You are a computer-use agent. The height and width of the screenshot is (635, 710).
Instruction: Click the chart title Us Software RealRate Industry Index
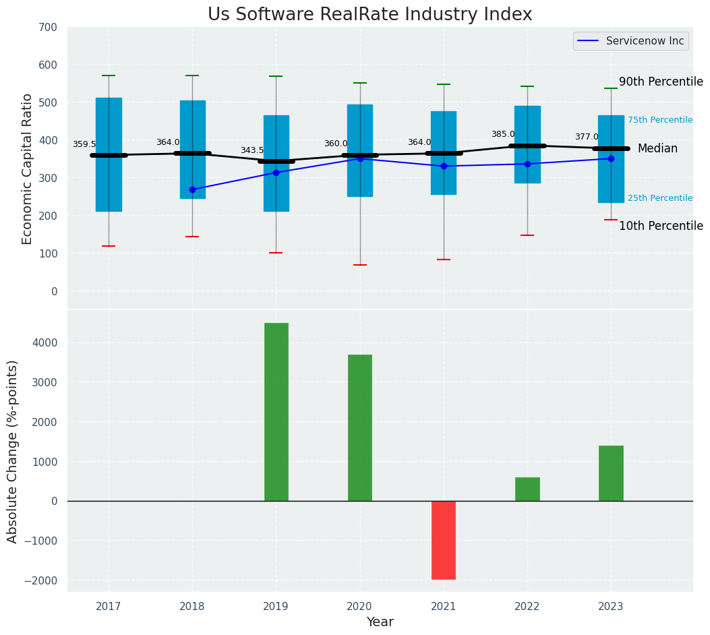point(369,15)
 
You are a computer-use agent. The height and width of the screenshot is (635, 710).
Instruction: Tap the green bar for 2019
point(276,412)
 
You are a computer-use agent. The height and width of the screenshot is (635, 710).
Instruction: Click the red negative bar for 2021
point(444,540)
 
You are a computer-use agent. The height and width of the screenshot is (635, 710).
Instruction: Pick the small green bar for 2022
point(527,489)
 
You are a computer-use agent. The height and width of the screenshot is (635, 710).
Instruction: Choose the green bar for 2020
point(359,427)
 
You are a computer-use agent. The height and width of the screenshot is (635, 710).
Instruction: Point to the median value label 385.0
point(503,134)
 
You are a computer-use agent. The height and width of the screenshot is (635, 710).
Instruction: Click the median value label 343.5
point(252,150)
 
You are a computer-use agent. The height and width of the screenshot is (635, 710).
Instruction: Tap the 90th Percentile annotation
point(661,82)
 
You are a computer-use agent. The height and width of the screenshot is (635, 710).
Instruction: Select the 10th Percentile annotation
point(661,226)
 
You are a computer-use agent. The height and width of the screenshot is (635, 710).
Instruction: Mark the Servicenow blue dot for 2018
point(192,189)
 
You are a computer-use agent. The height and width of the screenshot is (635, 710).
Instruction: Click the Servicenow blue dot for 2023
point(611,159)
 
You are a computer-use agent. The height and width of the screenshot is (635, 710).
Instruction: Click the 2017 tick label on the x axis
point(109,607)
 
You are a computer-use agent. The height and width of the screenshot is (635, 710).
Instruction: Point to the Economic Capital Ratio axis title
point(28,169)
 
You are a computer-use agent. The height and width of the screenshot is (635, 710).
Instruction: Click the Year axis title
point(380,622)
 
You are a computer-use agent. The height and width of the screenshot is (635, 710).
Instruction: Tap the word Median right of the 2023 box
point(657,148)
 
